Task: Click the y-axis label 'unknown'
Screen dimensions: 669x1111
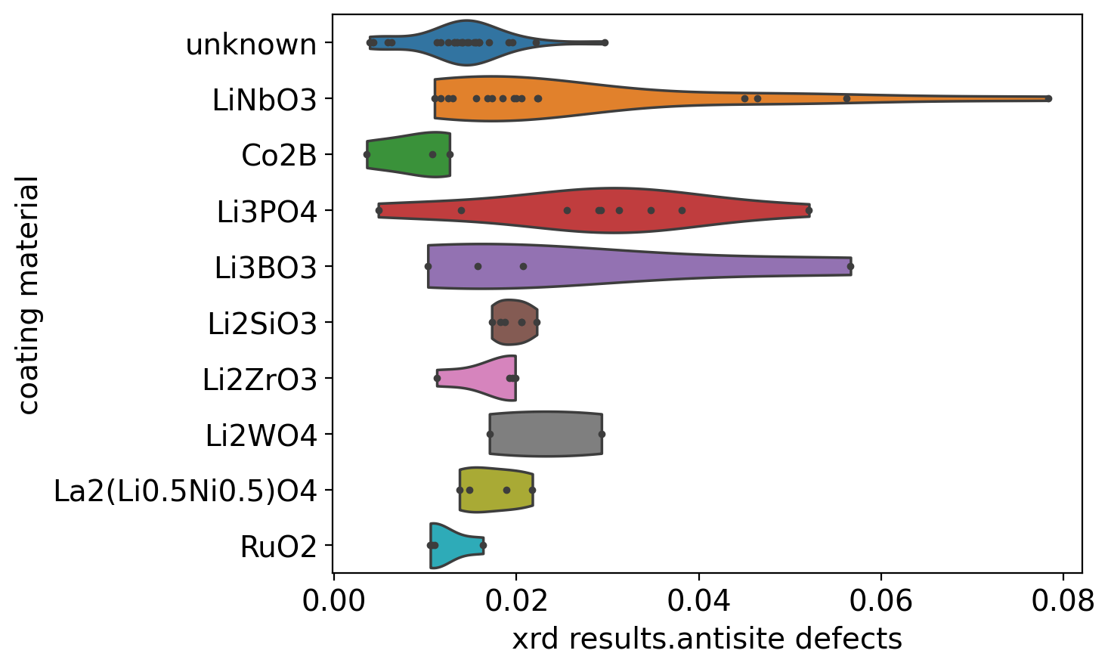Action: pos(251,45)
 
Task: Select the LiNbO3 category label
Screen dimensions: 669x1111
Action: pos(264,101)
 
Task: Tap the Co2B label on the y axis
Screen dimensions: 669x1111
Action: pos(279,156)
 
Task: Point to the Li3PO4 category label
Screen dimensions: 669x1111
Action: pos(266,212)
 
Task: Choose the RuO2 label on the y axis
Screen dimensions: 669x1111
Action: pos(278,547)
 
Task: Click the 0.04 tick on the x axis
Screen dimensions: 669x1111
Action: pos(698,601)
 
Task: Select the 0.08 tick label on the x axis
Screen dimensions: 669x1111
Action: pos(1063,601)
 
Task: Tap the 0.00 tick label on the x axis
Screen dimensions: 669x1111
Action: pos(334,601)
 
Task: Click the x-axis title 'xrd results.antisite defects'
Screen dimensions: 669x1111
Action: pos(707,640)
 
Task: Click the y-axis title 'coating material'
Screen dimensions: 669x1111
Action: pos(29,296)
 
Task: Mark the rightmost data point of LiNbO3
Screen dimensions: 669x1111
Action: pos(1048,98)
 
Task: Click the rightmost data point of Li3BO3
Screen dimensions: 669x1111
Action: pos(850,266)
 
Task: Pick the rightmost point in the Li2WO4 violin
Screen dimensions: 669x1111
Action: pos(602,434)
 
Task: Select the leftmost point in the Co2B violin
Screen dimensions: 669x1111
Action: pos(367,154)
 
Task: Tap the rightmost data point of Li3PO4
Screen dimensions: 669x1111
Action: pos(809,210)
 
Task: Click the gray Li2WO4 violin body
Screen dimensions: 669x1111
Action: pos(546,434)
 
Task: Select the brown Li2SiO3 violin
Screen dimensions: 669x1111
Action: pos(515,322)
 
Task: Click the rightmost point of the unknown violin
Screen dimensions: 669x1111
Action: pos(605,42)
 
